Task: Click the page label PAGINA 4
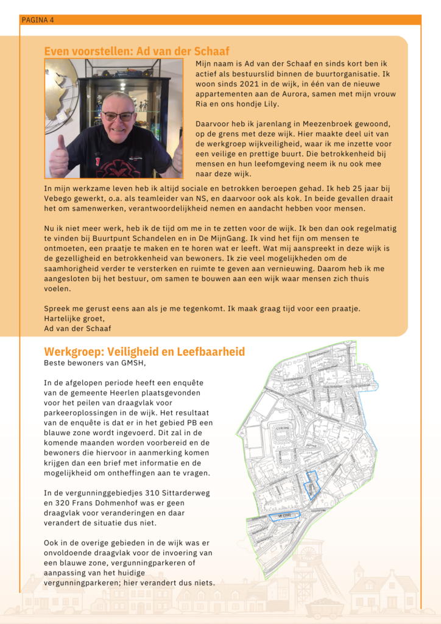38,20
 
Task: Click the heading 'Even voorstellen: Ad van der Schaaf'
136,51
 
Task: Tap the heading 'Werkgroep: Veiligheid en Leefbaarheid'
144,352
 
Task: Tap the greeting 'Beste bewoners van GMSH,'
95,363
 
